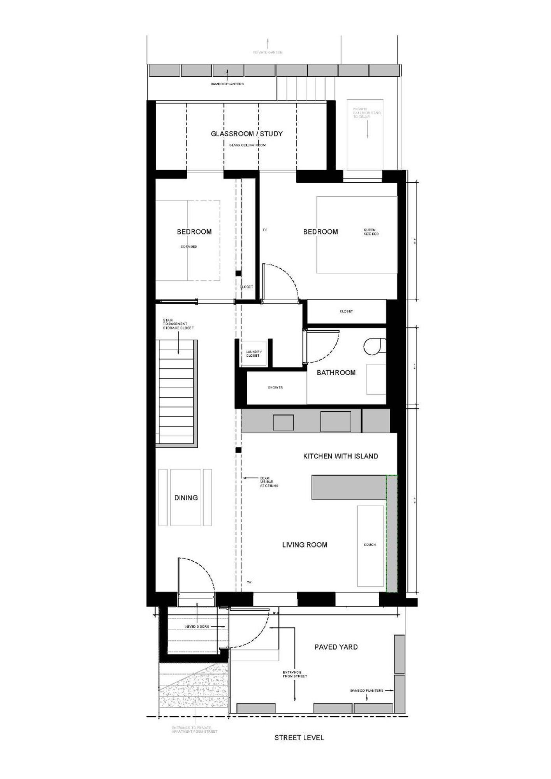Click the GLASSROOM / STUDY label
246,134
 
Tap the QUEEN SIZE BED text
371,232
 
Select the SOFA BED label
188,247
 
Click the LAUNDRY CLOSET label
253,354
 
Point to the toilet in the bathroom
374,346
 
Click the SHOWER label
275,388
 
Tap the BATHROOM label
336,372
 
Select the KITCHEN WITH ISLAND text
340,456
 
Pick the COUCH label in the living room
370,545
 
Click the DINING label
186,498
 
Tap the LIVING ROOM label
305,545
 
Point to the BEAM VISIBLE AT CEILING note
269,482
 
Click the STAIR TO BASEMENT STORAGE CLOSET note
178,324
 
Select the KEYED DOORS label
197,627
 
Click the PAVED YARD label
336,647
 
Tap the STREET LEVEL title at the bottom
299,737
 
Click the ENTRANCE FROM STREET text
295,674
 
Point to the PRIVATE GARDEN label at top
268,52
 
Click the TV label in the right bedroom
264,230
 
